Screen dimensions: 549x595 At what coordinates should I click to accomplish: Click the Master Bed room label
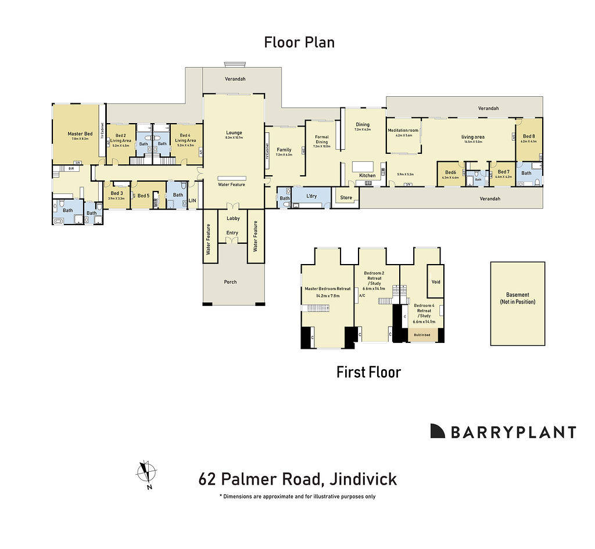pyautogui.click(x=80, y=134)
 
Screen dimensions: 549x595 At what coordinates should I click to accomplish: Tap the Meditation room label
pyautogui.click(x=403, y=131)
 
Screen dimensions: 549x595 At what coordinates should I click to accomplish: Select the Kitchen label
pyautogui.click(x=367, y=175)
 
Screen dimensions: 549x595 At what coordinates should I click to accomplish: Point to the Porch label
pyautogui.click(x=230, y=282)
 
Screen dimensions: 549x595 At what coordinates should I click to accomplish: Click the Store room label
pyautogui.click(x=346, y=198)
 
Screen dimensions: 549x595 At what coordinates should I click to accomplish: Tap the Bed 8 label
pyautogui.click(x=529, y=136)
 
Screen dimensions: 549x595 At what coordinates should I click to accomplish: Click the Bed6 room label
pyautogui.click(x=451, y=172)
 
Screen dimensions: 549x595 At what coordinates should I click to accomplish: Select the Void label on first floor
pyautogui.click(x=436, y=282)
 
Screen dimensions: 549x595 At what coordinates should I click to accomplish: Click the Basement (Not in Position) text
pyautogui.click(x=518, y=298)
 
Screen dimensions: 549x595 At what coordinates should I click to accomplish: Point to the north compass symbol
pyautogui.click(x=146, y=472)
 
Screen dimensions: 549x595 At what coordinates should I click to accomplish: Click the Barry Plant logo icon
pyautogui.click(x=438, y=431)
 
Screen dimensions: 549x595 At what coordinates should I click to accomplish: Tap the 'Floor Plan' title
pyautogui.click(x=299, y=42)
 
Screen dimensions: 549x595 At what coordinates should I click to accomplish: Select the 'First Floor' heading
pyautogui.click(x=368, y=372)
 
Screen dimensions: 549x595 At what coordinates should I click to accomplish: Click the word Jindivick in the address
pyautogui.click(x=363, y=479)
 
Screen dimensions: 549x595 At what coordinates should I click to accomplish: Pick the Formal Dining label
pyautogui.click(x=321, y=139)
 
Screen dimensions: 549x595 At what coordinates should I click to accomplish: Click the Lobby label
pyautogui.click(x=233, y=218)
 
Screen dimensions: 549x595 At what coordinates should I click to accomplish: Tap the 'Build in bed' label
pyautogui.click(x=422, y=335)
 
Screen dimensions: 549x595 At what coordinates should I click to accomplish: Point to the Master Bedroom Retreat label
pyautogui.click(x=328, y=288)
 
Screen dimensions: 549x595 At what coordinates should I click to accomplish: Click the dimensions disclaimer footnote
pyautogui.click(x=297, y=497)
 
